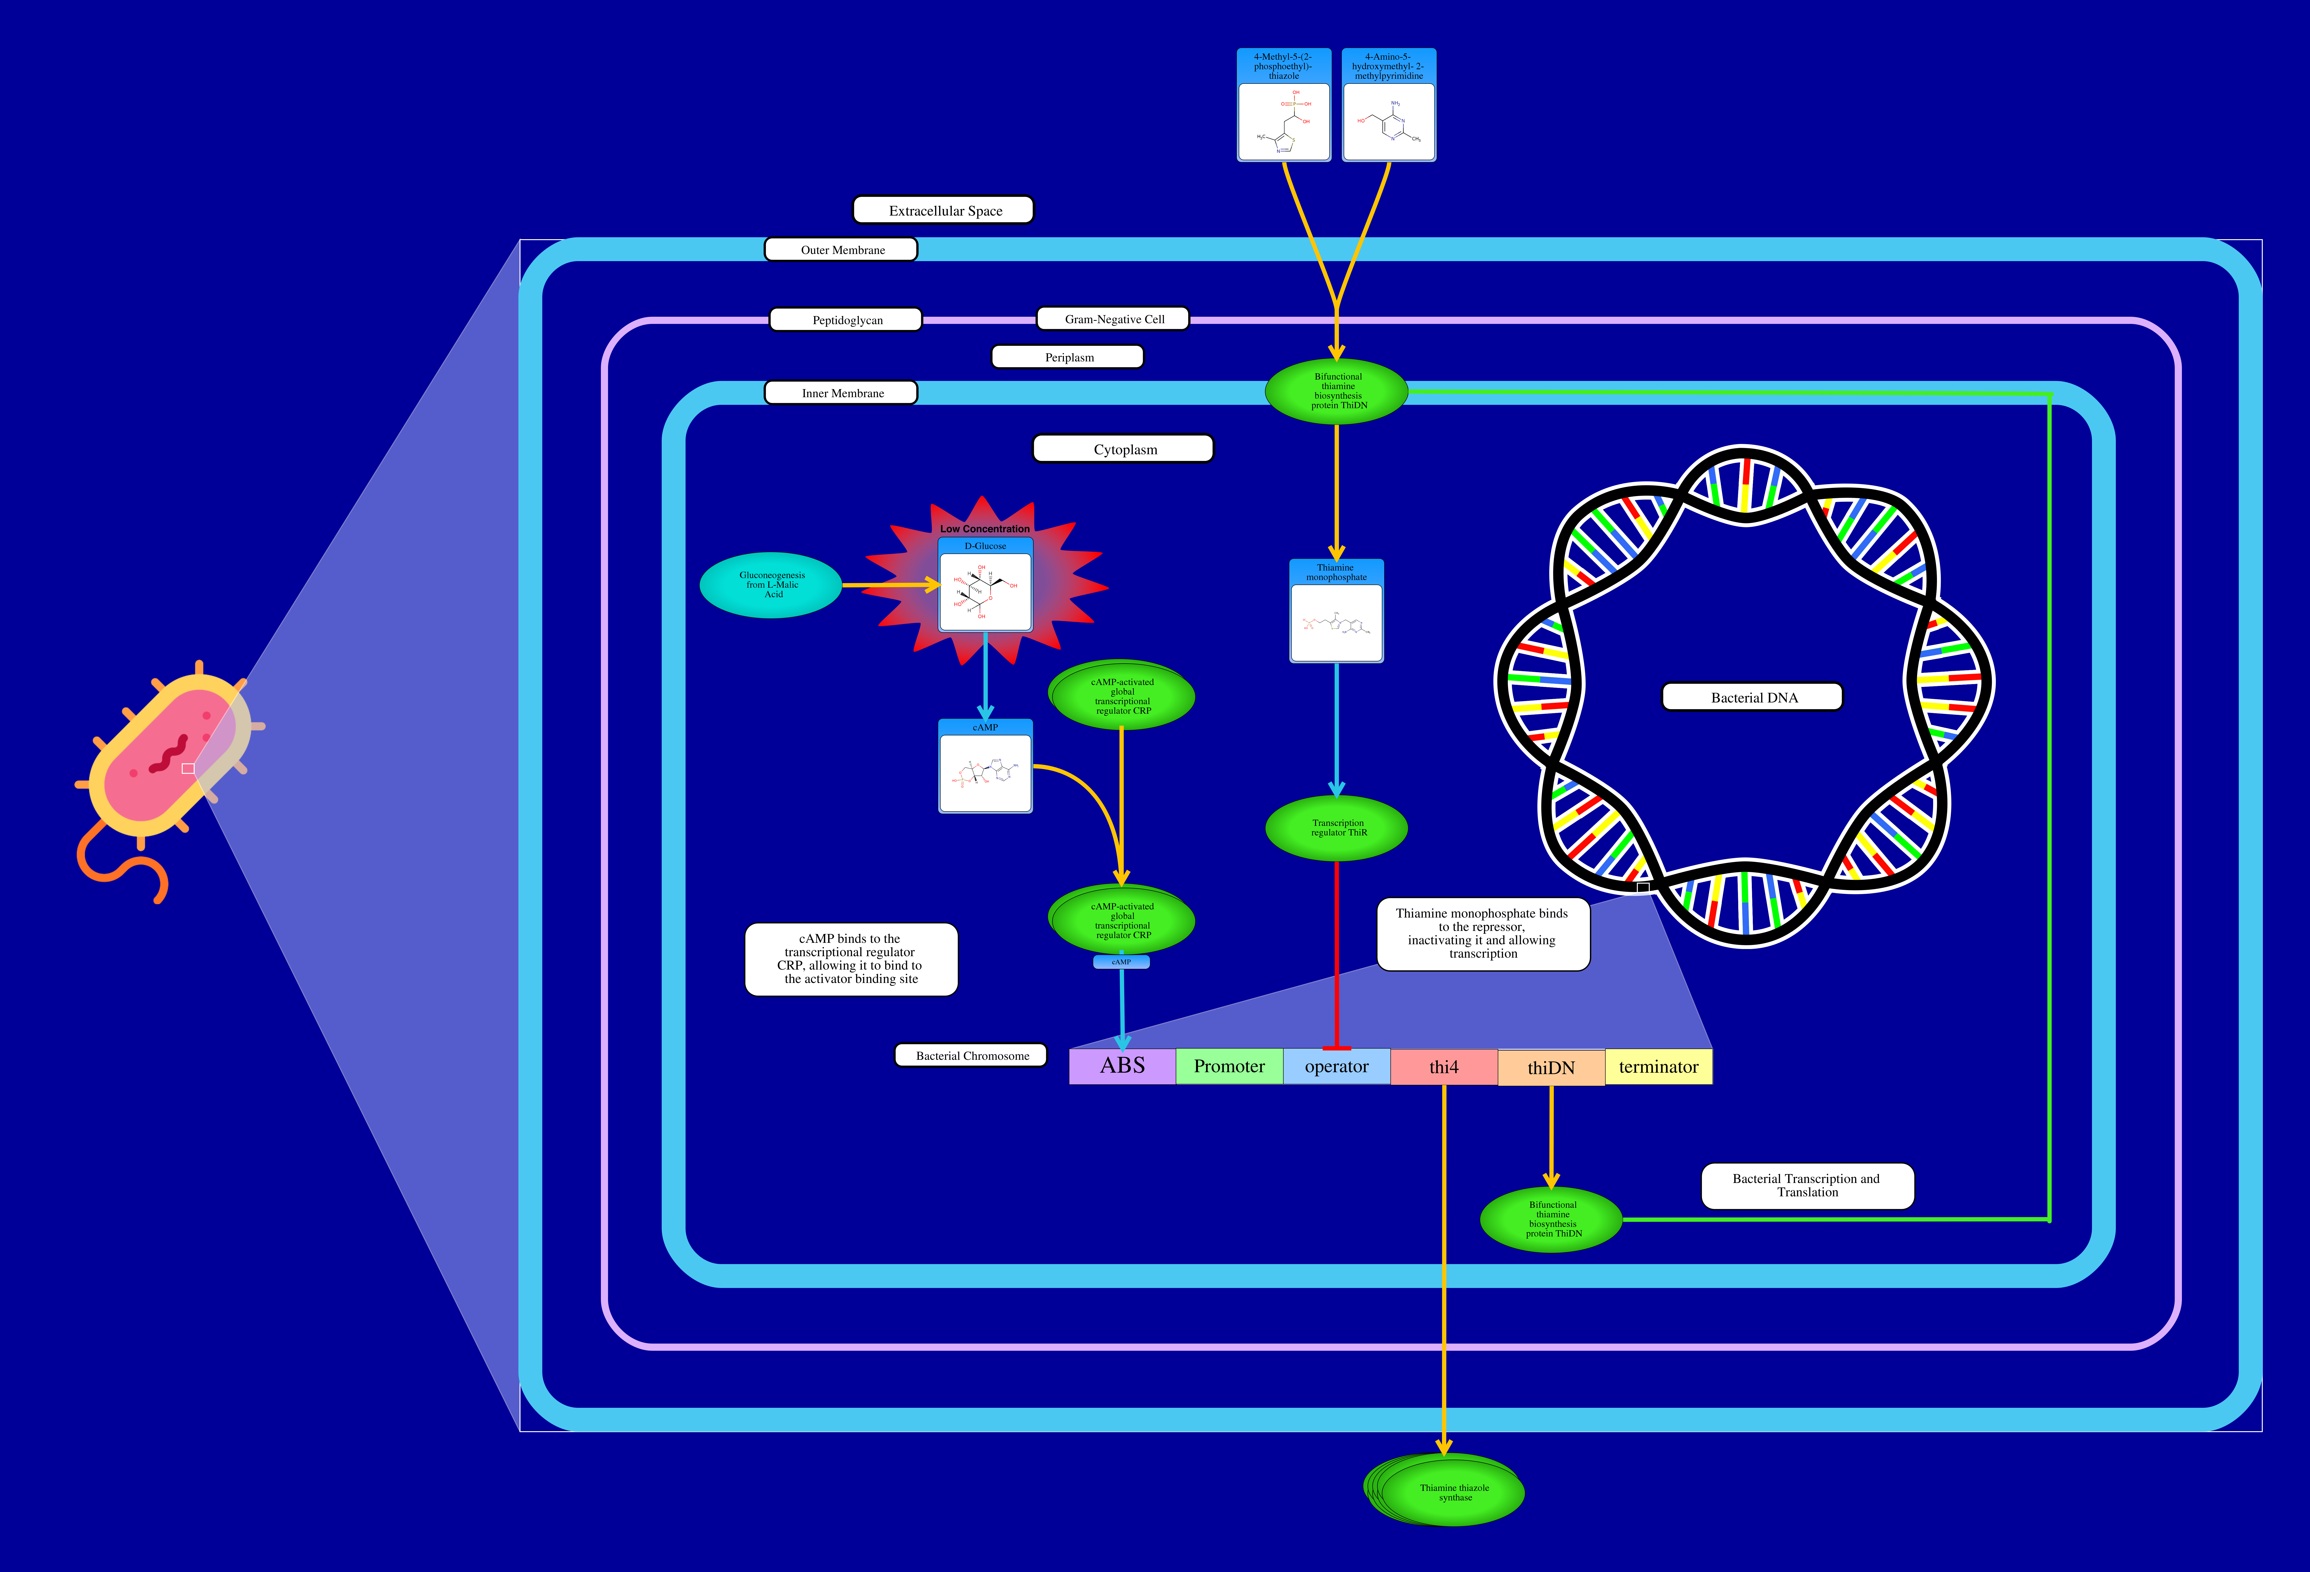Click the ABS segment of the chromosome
[1122, 1066]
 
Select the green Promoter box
[1230, 1066]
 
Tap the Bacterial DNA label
[1752, 697]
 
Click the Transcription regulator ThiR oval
[1337, 827]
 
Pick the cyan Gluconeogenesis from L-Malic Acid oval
[771, 585]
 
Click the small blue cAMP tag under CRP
[1121, 961]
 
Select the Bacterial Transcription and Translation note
[1807, 1185]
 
